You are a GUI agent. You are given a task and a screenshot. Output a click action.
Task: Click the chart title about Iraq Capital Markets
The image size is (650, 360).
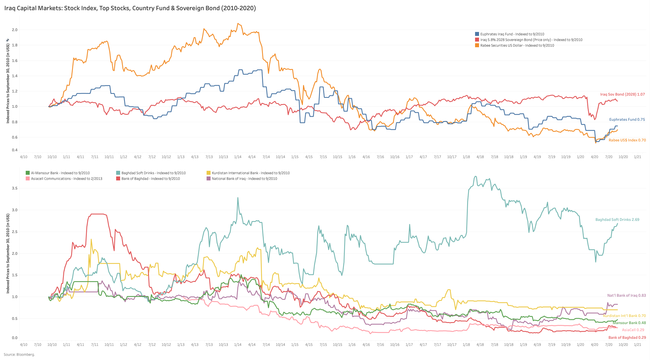(x=130, y=8)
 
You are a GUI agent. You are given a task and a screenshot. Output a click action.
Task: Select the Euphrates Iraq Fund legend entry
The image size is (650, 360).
(x=512, y=34)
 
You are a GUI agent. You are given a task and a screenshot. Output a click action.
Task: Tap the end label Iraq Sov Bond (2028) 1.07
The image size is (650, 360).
(x=622, y=94)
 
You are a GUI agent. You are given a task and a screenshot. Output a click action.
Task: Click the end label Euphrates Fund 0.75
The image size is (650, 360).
(x=627, y=119)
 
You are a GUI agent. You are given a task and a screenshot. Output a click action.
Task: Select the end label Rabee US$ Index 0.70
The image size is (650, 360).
(x=627, y=140)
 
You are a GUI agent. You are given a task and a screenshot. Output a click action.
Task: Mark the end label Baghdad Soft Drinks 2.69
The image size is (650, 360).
(x=617, y=219)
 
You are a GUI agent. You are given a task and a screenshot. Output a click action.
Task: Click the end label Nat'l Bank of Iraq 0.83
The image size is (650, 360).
(x=626, y=295)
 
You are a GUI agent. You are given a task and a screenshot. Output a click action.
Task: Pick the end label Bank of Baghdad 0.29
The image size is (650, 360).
(x=627, y=337)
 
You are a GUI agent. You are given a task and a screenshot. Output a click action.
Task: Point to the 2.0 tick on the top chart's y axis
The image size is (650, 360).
(x=15, y=30)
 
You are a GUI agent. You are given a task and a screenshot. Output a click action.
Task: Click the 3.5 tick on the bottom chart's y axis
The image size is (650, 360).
(x=15, y=188)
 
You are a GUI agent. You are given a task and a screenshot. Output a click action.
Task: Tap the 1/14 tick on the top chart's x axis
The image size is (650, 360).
(x=238, y=157)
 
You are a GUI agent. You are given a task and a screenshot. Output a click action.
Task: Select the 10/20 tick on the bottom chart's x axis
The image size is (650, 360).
(x=623, y=344)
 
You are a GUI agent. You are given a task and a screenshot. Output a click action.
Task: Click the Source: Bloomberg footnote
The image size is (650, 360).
(x=19, y=354)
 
